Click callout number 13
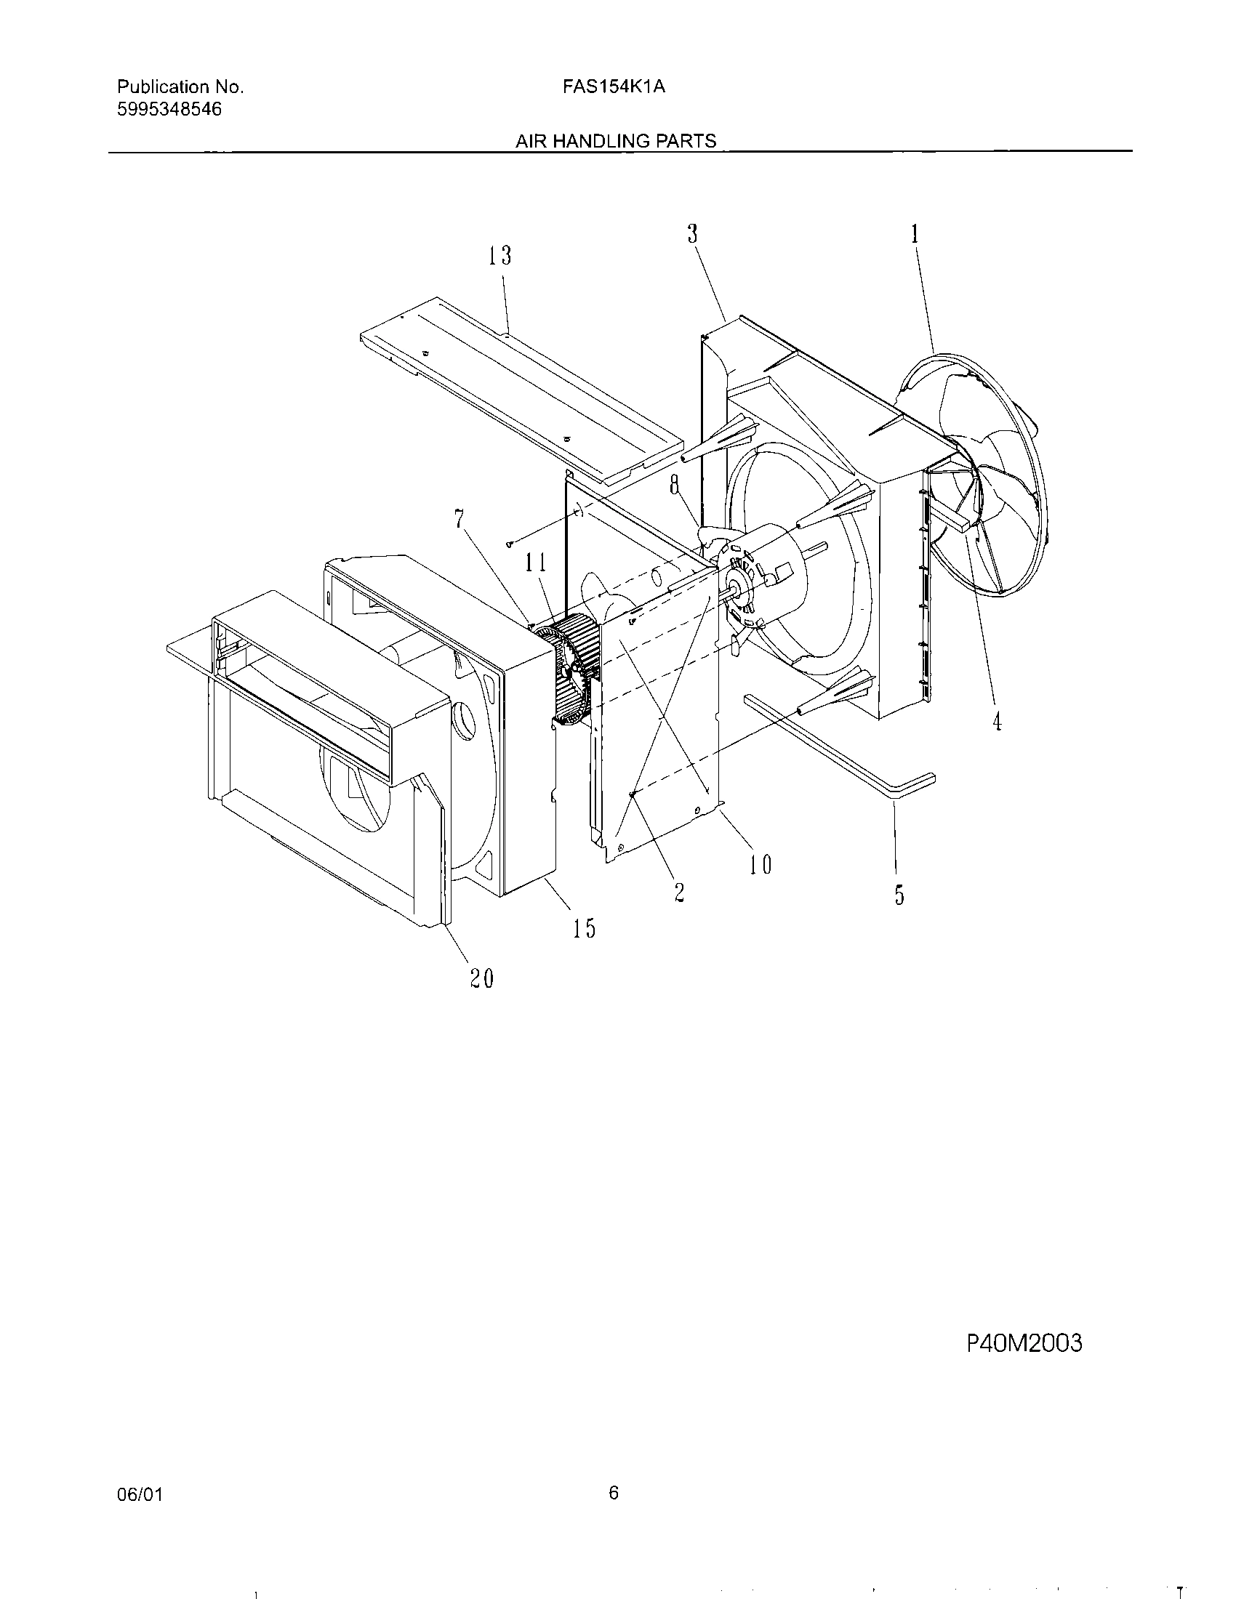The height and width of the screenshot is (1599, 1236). (x=500, y=257)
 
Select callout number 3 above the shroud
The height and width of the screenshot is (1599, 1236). (x=692, y=233)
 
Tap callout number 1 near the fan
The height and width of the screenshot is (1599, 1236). (x=915, y=233)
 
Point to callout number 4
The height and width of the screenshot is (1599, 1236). (x=997, y=722)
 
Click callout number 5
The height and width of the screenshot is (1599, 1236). (x=899, y=895)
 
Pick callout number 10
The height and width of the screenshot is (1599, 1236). (x=761, y=866)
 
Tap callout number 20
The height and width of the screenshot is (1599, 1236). (x=481, y=979)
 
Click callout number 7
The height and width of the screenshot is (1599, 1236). (x=459, y=519)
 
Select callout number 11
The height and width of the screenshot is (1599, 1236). (x=535, y=563)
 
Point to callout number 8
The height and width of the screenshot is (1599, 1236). (x=675, y=486)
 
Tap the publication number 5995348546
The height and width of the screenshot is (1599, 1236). (x=169, y=110)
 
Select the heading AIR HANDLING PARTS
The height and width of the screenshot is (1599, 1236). (x=616, y=141)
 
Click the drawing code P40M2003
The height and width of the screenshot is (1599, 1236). (x=1024, y=1343)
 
